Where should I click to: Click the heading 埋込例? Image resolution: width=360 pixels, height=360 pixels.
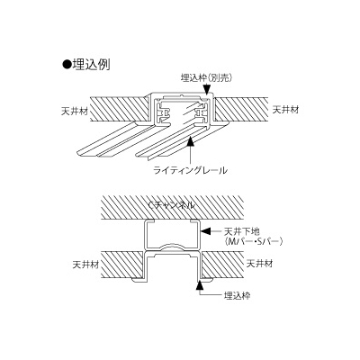(91, 65)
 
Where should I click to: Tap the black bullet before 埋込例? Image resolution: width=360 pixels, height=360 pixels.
(66, 65)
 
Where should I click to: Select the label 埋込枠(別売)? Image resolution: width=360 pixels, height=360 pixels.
(207, 77)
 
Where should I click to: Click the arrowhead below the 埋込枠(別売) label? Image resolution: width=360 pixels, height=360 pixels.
(206, 90)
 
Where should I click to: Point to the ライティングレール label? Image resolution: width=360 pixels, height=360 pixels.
(190, 170)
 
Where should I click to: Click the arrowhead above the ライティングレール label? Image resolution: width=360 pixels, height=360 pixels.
(190, 141)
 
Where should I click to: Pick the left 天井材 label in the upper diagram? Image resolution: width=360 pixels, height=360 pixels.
(75, 112)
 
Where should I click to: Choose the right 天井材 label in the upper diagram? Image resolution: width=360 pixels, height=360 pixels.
(286, 109)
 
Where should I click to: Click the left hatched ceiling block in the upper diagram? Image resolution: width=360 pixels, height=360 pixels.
(120, 109)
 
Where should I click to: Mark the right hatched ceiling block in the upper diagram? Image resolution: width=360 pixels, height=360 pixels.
(242, 110)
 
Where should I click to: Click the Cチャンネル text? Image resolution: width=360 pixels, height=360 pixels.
(172, 205)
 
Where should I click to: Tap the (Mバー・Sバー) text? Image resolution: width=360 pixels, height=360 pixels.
(254, 241)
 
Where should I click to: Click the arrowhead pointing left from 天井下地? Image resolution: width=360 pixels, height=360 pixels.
(206, 231)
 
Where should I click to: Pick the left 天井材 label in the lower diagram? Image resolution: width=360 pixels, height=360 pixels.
(85, 265)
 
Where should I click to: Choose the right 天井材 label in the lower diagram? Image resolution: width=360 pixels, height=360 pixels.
(259, 264)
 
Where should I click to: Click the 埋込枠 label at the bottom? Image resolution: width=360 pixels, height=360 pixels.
(237, 295)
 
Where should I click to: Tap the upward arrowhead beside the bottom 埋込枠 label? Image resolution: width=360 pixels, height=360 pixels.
(200, 285)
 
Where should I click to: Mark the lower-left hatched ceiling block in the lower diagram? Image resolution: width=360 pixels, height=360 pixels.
(122, 265)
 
